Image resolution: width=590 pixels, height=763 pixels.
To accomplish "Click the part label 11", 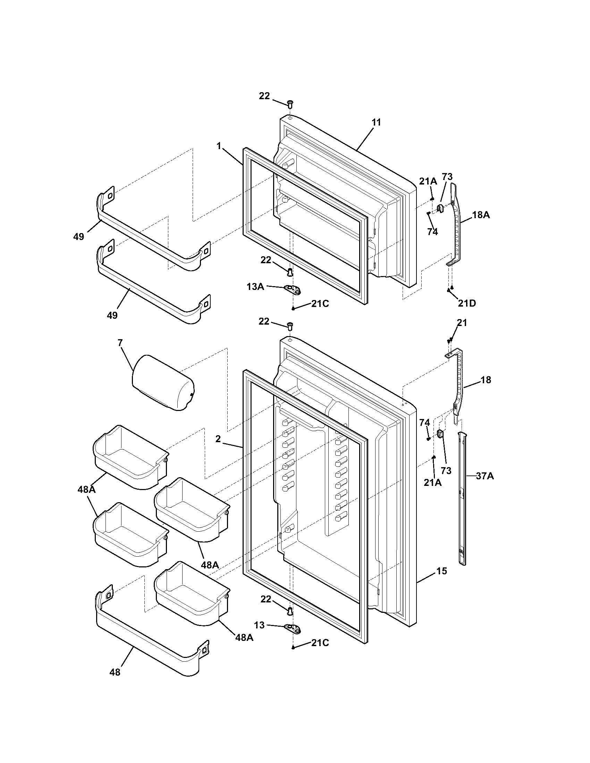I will [376, 123].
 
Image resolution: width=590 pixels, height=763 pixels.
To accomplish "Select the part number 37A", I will [485, 476].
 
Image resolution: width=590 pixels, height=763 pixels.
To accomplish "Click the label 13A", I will [255, 287].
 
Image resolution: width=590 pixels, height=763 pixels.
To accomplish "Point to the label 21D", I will [466, 303].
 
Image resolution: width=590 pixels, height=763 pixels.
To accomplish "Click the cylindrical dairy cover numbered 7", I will [163, 383].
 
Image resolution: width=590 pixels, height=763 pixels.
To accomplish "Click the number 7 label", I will [120, 343].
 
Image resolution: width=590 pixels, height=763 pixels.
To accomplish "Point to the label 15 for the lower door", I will [441, 571].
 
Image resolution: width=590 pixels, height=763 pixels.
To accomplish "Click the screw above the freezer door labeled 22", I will [290, 103].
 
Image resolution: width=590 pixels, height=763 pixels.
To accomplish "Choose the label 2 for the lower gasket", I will [218, 439].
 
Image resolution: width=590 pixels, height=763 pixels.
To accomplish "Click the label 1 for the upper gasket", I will [219, 146].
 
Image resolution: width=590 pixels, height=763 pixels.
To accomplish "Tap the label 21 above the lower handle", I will [462, 323].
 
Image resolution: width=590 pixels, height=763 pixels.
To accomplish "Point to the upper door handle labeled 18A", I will [456, 224].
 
